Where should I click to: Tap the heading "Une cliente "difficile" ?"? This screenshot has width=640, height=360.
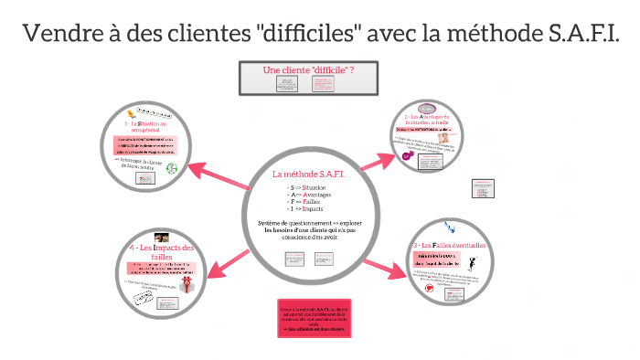click(x=308, y=70)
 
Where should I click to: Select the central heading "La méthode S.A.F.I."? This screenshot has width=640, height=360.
click(x=308, y=175)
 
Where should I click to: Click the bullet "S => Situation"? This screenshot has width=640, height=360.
click(x=306, y=187)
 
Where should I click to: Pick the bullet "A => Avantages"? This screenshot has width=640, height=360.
click(x=308, y=196)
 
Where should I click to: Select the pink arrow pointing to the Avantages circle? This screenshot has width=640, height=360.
click(x=380, y=157)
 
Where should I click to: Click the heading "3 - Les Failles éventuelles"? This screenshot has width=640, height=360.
click(x=453, y=246)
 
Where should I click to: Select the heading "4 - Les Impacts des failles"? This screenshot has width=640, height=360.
click(x=162, y=252)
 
